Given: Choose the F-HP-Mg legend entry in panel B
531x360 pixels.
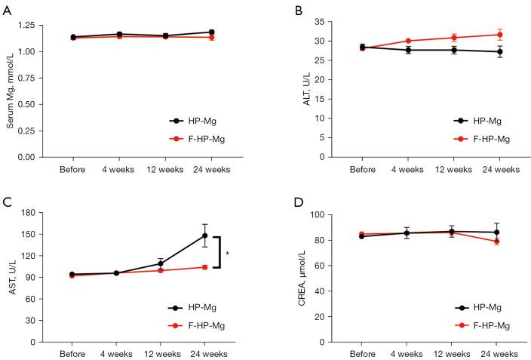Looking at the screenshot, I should click(483, 139).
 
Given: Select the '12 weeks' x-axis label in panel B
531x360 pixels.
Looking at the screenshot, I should click(454, 168).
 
